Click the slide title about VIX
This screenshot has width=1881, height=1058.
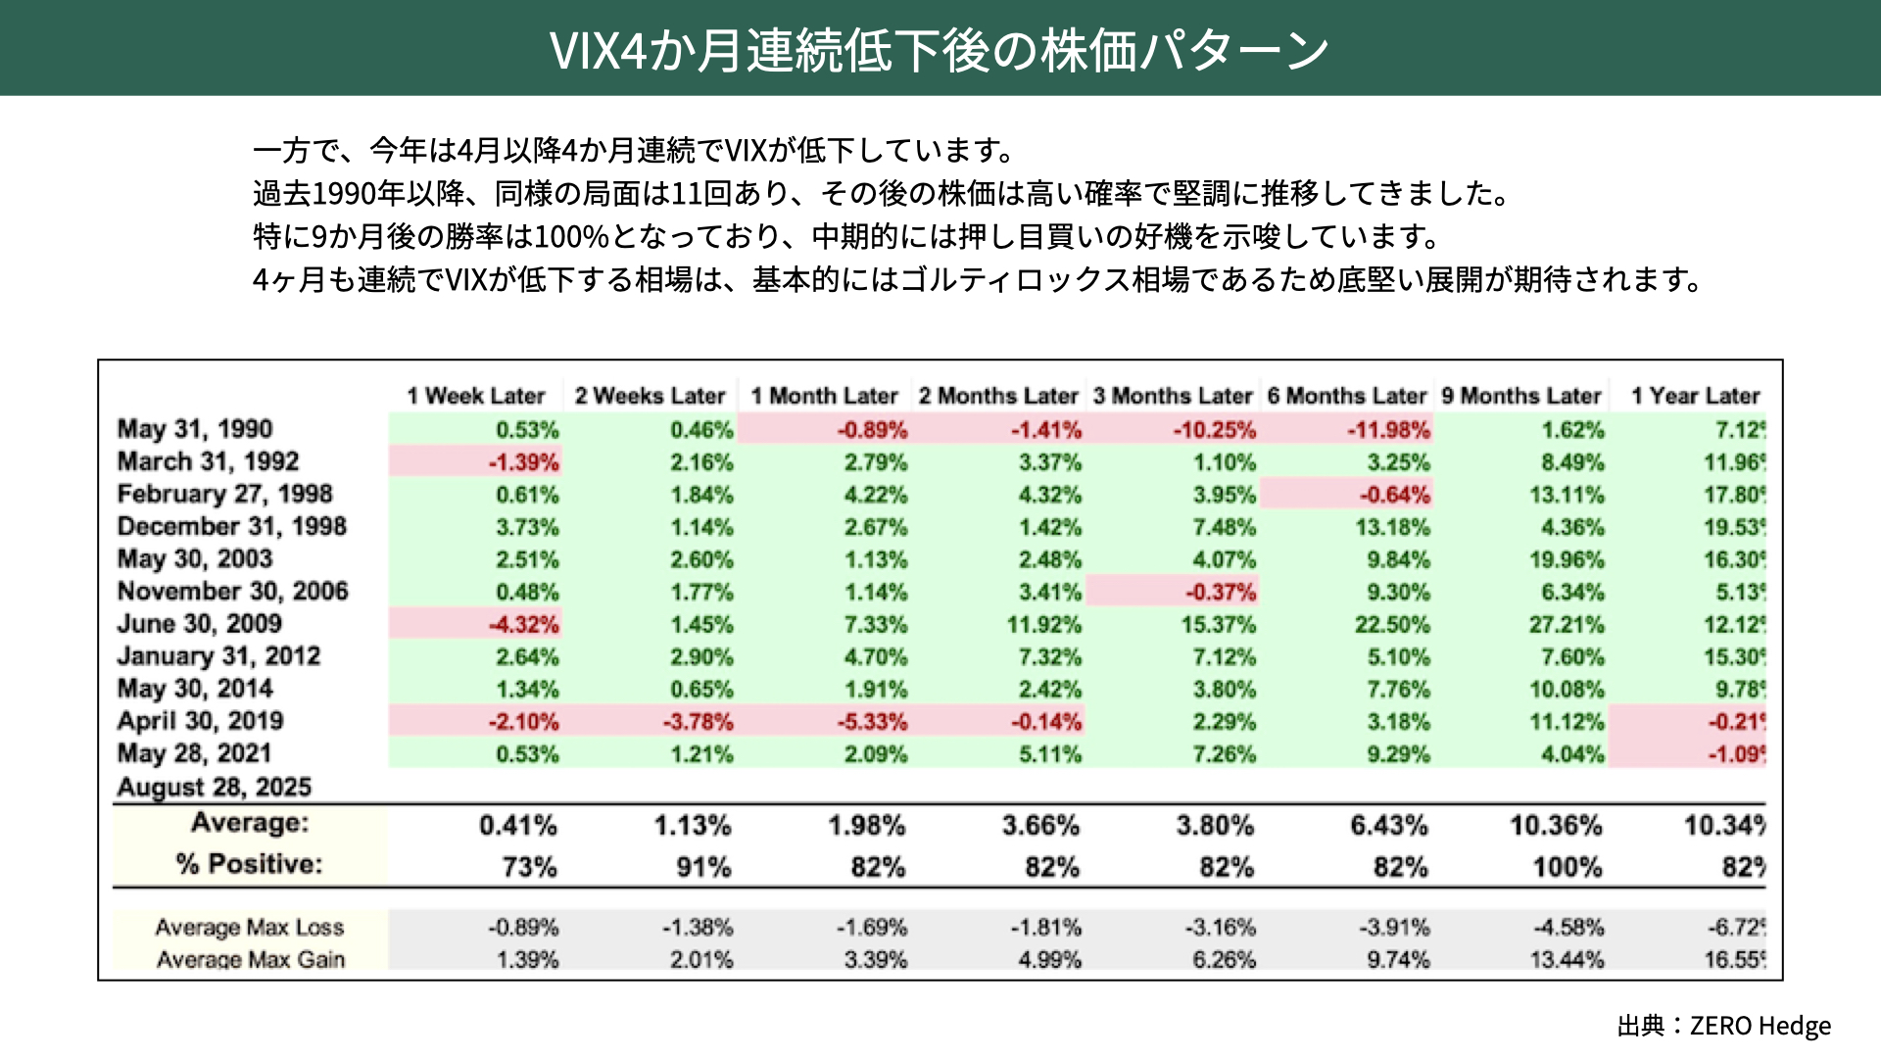pyautogui.click(x=939, y=50)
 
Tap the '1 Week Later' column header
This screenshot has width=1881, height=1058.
pyautogui.click(x=476, y=396)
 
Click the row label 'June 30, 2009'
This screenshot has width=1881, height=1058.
pyautogui.click(x=200, y=624)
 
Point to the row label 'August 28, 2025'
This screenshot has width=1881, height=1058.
pyautogui.click(x=215, y=787)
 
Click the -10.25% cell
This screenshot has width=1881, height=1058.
pyautogui.click(x=1214, y=430)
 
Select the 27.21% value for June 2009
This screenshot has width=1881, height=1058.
pyautogui.click(x=1567, y=625)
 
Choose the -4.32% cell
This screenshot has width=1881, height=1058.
pyautogui.click(x=524, y=625)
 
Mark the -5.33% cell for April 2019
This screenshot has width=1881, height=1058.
pyautogui.click(x=872, y=722)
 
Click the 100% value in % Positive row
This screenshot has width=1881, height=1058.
pyautogui.click(x=1567, y=867)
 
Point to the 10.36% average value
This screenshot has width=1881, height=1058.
pyautogui.click(x=1556, y=826)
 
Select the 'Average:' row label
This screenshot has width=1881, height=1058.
pyautogui.click(x=250, y=823)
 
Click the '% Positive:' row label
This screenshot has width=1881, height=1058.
pyautogui.click(x=249, y=864)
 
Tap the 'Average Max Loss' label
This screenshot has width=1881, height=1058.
pyautogui.click(x=250, y=927)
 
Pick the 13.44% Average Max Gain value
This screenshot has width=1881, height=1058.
pyautogui.click(x=1567, y=960)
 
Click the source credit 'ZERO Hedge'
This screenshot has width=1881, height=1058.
pyautogui.click(x=1760, y=1026)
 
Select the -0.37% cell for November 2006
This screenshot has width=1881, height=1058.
pyautogui.click(x=1220, y=593)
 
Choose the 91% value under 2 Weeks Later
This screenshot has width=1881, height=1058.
pyautogui.click(x=703, y=867)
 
